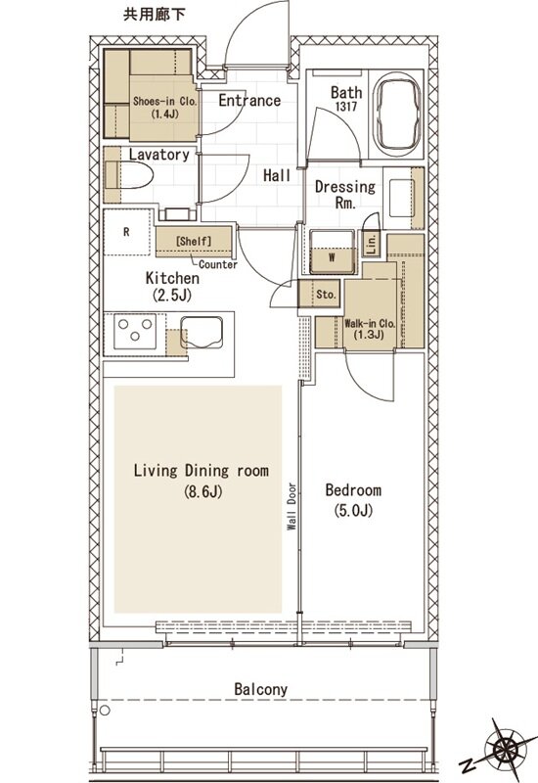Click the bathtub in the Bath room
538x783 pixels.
pyautogui.click(x=398, y=114)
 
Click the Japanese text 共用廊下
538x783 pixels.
pyautogui.click(x=155, y=15)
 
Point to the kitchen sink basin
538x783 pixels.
pyautogui.click(x=202, y=332)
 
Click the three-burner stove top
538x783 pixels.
pyautogui.click(x=135, y=331)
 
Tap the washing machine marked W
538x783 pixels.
pyautogui.click(x=332, y=252)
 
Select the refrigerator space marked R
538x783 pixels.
pyautogui.click(x=127, y=232)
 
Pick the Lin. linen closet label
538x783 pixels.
pyautogui.click(x=372, y=244)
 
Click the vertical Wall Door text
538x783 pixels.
pyautogui.click(x=291, y=506)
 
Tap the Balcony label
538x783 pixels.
pyautogui.click(x=261, y=690)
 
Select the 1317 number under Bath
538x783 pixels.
pyautogui.click(x=346, y=107)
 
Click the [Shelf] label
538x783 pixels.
pyautogui.click(x=194, y=241)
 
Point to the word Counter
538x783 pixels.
pyautogui.click(x=218, y=264)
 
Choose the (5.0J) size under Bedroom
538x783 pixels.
pyautogui.click(x=353, y=511)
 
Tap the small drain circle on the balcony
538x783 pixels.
pyautogui.click(x=105, y=711)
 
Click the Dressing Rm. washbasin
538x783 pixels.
pyautogui.click(x=401, y=199)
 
